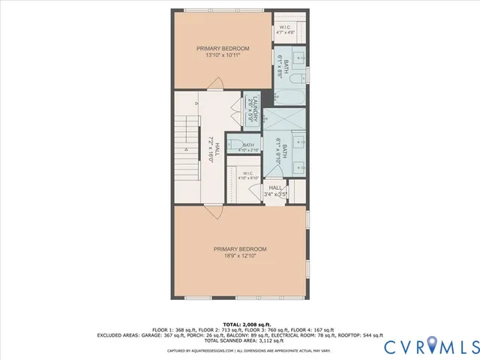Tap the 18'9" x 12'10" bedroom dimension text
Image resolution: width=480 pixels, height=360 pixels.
point(239,256)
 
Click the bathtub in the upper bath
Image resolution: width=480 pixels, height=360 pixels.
point(289,97)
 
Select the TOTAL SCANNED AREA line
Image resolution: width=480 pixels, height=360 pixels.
point(240,340)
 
